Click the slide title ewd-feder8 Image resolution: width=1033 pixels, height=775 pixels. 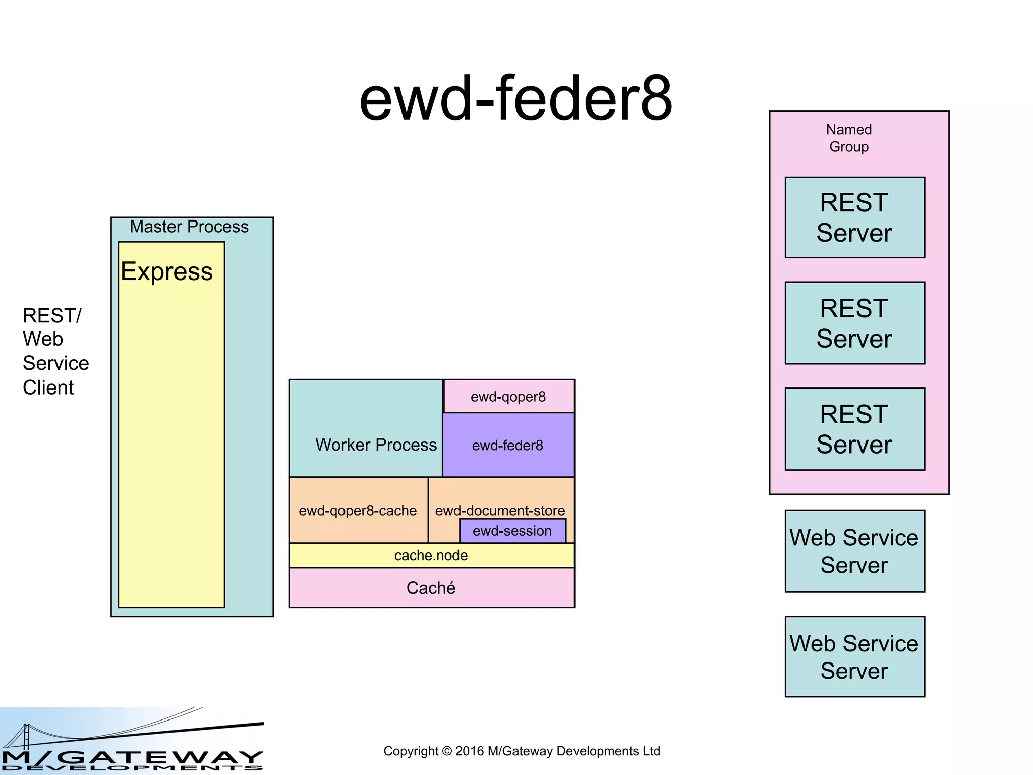(515, 99)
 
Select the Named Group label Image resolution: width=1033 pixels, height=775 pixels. (849, 138)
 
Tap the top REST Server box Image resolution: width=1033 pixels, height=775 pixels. (854, 218)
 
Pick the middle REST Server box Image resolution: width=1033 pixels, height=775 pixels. (854, 323)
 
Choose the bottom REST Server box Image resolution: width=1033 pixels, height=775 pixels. (854, 429)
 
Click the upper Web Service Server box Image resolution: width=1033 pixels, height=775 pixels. (854, 551)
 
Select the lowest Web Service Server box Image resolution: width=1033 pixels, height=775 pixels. (854, 657)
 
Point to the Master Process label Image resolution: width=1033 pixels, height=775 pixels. (189, 227)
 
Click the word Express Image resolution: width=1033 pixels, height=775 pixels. (167, 272)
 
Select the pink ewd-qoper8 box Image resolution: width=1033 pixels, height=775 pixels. (508, 397)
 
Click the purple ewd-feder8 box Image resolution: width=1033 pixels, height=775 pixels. (508, 446)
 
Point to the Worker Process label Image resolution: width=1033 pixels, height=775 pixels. (376, 445)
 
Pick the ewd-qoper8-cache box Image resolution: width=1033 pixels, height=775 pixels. (358, 511)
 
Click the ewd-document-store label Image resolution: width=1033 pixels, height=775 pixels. (500, 510)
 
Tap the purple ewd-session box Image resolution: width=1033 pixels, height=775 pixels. (512, 531)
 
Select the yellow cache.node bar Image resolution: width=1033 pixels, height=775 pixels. (431, 556)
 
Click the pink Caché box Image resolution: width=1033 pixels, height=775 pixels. (431, 588)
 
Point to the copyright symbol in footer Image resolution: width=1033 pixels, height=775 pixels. (447, 751)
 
